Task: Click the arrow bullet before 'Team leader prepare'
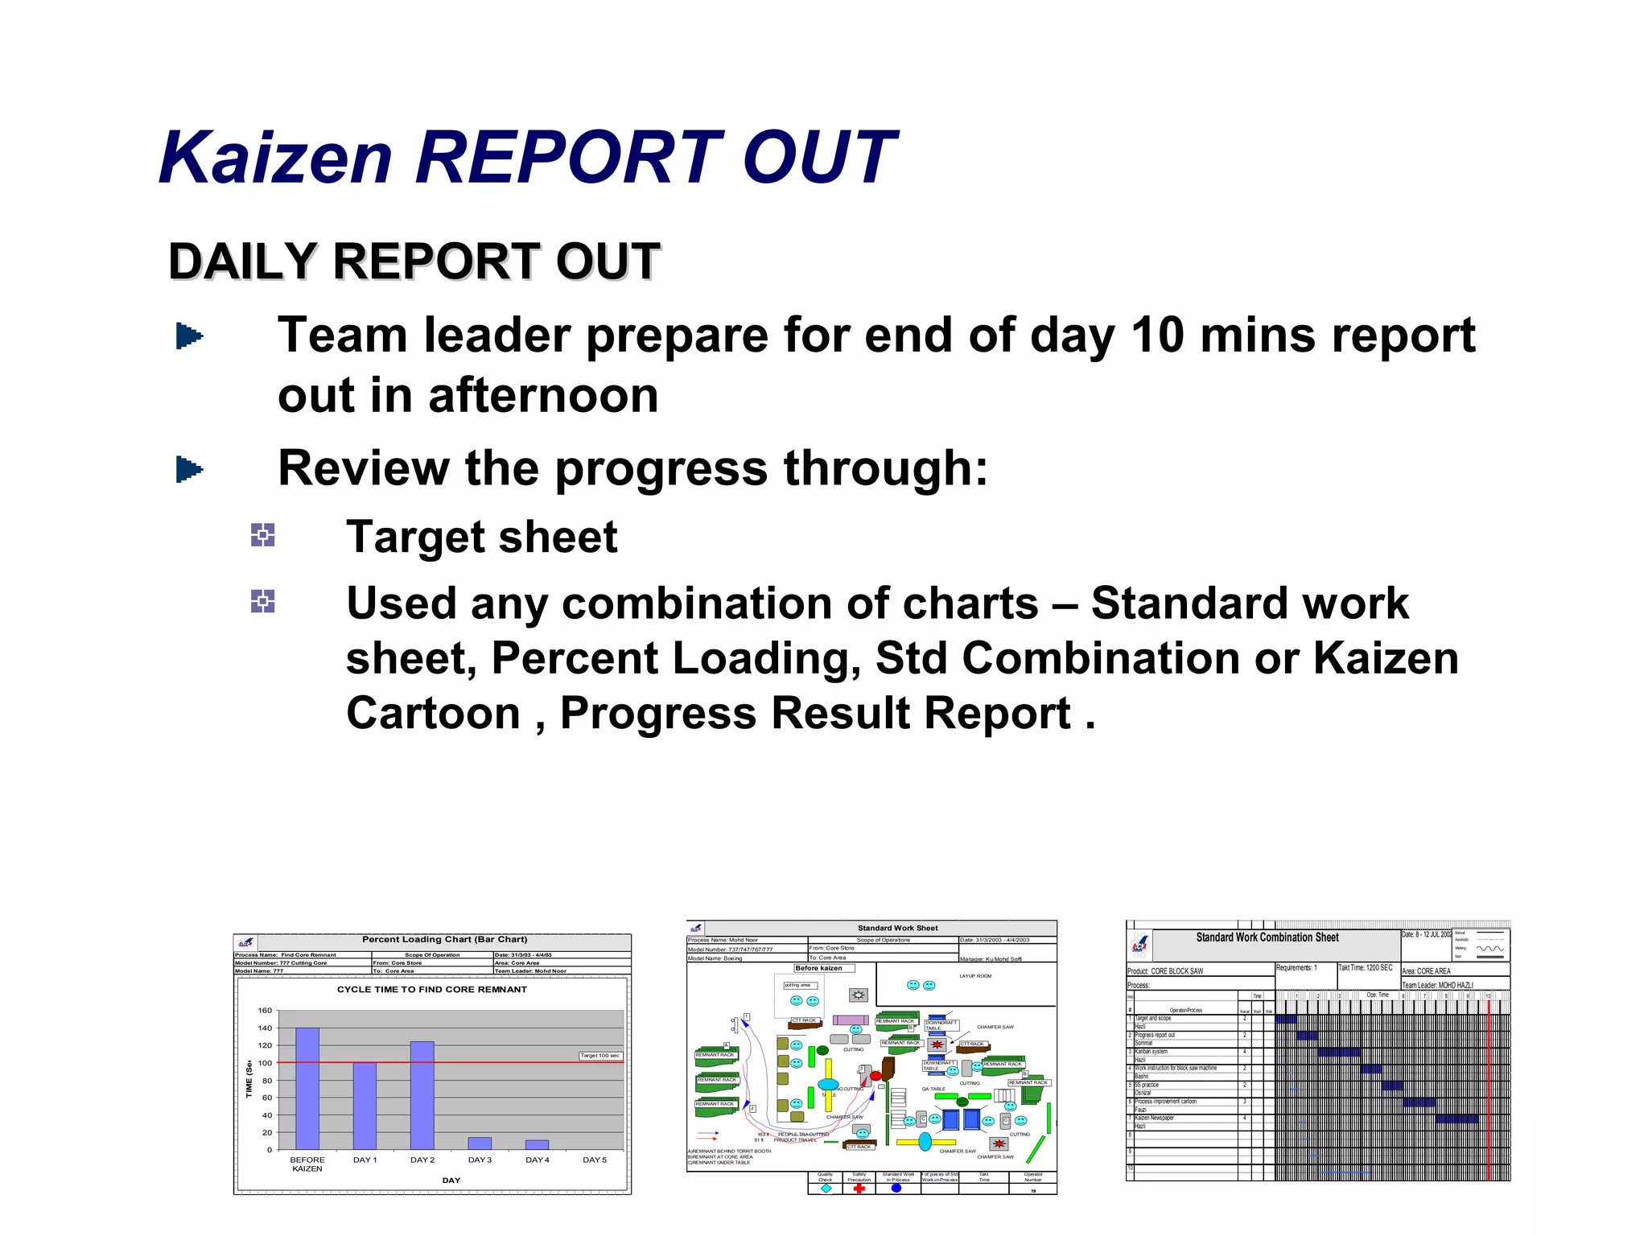click(189, 336)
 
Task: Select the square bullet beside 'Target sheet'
click(262, 535)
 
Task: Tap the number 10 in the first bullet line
click(1157, 336)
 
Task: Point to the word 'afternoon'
click(543, 396)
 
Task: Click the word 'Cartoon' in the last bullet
click(433, 714)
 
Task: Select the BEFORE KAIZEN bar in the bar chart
click(307, 1088)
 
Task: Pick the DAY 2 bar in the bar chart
click(422, 1095)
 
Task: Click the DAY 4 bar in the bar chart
click(537, 1144)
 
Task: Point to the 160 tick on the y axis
click(265, 1011)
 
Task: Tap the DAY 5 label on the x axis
click(595, 1160)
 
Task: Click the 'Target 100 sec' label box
click(600, 1056)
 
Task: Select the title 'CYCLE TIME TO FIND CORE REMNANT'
click(432, 990)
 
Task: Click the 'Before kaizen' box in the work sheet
click(819, 968)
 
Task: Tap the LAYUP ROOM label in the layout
click(975, 976)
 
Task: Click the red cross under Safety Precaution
click(859, 1189)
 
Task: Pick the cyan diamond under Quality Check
click(826, 1189)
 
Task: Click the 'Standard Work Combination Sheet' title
click(1267, 937)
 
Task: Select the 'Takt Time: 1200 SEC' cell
click(1366, 968)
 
